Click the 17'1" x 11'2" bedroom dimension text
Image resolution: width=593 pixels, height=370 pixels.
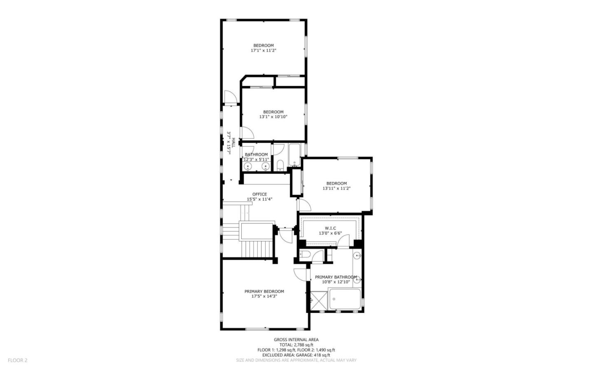point(263,51)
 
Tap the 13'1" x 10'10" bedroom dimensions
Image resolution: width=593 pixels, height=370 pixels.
point(273,117)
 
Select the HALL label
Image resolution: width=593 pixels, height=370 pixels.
point(233,143)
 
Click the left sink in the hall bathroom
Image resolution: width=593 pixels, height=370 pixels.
point(248,166)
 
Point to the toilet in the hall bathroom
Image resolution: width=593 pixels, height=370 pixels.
point(280,166)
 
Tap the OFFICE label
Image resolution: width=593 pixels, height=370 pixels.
point(259,194)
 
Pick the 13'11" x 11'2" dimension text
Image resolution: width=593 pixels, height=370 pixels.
point(336,188)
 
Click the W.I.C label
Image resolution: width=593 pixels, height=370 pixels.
point(330,228)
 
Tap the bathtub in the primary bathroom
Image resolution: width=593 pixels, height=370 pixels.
point(345,298)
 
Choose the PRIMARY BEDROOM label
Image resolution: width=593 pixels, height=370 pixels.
point(264,291)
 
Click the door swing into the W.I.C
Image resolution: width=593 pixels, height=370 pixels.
point(343,241)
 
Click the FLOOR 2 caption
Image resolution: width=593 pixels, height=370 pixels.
point(18,360)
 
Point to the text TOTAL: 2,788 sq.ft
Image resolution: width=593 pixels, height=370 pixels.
point(296,345)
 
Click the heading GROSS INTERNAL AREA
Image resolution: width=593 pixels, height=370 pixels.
point(296,340)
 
